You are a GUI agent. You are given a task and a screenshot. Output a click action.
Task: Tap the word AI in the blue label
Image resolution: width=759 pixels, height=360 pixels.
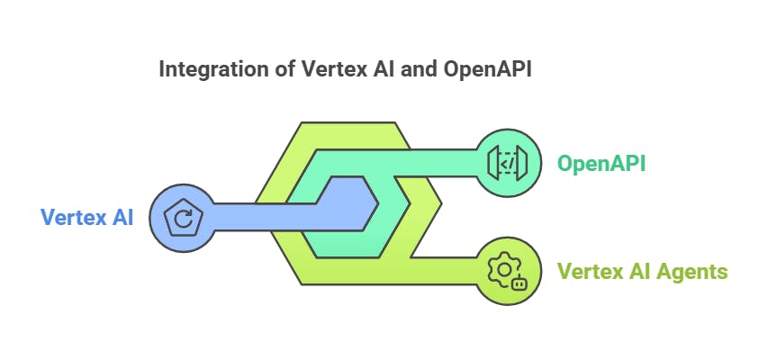(121, 217)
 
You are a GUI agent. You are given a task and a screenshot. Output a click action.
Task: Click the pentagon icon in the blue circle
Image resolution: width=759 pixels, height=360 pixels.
(183, 217)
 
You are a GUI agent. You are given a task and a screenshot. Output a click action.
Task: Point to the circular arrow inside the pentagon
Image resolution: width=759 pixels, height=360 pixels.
(183, 218)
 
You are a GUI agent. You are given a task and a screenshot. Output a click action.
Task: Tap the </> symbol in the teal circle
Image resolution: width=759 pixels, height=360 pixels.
(507, 163)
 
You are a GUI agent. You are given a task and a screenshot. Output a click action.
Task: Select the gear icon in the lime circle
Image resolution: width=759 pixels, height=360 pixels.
(500, 269)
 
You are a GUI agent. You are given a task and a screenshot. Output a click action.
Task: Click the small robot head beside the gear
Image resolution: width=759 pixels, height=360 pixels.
(519, 283)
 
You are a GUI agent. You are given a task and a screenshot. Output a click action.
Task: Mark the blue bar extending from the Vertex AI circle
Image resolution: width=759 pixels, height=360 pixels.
(261, 217)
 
